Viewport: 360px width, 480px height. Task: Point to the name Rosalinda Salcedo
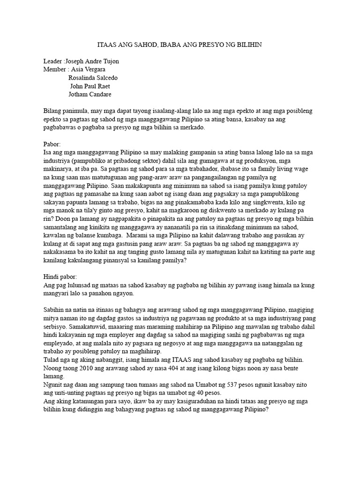click(x=93, y=78)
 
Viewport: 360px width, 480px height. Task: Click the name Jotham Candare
click(x=90, y=94)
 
